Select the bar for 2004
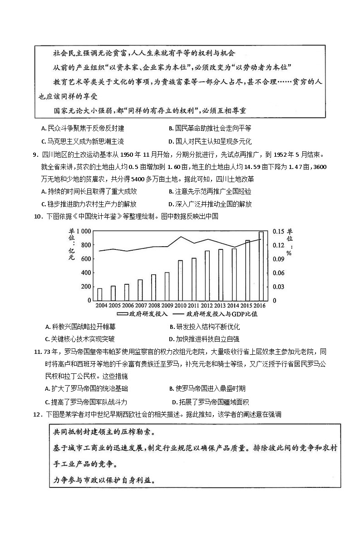pyautogui.click(x=100, y=294)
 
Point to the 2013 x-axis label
pyautogui.click(x=221, y=305)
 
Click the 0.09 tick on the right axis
pyautogui.click(x=278, y=259)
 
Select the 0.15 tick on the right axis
pyautogui.click(x=278, y=231)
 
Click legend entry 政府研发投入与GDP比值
pyautogui.click(x=217, y=314)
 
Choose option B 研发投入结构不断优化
pyautogui.click(x=204, y=327)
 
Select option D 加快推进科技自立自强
pyautogui.click(x=204, y=339)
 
